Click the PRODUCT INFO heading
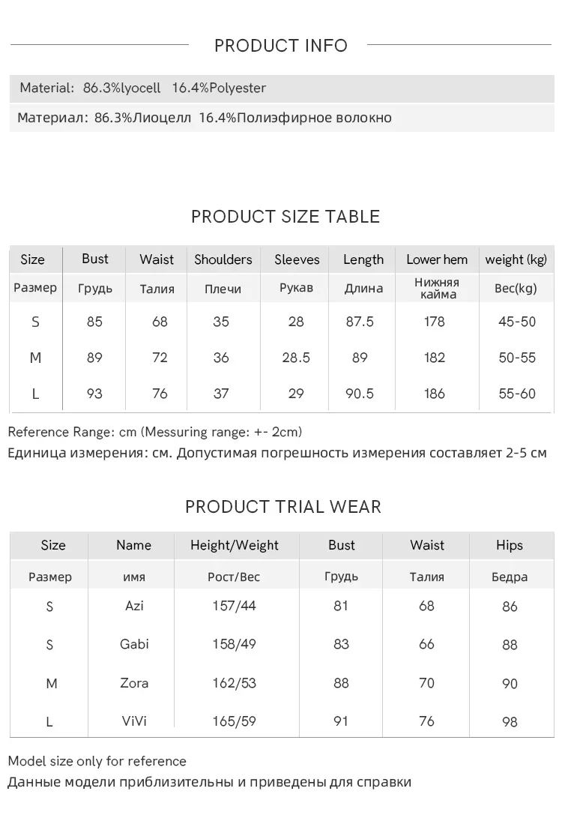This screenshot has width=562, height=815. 281,46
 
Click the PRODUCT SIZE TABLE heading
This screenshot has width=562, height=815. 285,217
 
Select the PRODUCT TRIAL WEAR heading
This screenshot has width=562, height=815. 283,507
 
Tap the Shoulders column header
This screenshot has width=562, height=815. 223,259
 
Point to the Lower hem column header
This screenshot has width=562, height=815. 437,259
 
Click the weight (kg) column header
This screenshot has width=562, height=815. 516,259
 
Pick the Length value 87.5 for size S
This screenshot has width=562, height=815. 360,322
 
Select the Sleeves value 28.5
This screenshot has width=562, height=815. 296,358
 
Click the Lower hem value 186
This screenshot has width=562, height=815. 435,394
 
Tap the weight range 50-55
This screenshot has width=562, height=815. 517,358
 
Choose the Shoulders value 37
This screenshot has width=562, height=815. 221,394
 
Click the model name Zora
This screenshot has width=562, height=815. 134,683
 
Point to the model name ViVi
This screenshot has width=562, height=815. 134,721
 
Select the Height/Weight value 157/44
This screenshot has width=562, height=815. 234,605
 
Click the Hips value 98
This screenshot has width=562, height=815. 510,722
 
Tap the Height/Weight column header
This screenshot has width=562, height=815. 235,545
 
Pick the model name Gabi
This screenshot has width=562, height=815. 134,644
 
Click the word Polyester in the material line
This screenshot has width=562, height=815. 238,88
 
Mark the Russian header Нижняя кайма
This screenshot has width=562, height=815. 436,288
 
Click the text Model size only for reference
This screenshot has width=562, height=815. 97,761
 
